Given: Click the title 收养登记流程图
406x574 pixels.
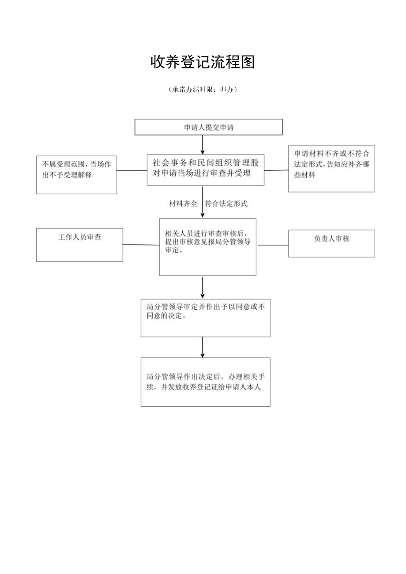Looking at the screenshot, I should click(x=203, y=63).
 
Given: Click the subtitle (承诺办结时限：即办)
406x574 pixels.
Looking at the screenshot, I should click(x=203, y=90).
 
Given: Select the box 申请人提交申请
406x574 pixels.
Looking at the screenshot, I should click(x=208, y=127).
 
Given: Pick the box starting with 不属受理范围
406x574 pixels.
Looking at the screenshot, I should click(x=76, y=175).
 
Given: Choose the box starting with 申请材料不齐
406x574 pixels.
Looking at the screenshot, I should click(x=331, y=169).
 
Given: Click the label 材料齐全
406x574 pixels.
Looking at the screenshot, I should click(x=183, y=204).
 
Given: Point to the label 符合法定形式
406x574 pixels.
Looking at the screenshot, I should click(x=226, y=204).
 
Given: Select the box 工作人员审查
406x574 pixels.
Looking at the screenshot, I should click(x=79, y=244).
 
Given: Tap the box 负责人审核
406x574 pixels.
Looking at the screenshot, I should click(x=331, y=243).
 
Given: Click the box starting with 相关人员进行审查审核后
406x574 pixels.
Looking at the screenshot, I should click(x=207, y=247).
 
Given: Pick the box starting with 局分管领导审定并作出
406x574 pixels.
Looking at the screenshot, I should click(x=205, y=318).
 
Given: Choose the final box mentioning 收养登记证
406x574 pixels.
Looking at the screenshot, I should click(x=205, y=382).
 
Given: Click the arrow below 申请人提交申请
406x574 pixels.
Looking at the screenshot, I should click(x=203, y=144).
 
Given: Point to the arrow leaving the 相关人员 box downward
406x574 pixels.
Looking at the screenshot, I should click(x=203, y=287).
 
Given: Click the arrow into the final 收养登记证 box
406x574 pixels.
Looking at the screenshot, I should click(x=203, y=347).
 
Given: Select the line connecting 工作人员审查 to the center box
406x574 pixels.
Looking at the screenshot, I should click(x=141, y=245).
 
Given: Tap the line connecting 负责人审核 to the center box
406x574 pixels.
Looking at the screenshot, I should click(x=272, y=245).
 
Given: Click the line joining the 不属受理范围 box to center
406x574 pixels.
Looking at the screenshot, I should click(x=132, y=171).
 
